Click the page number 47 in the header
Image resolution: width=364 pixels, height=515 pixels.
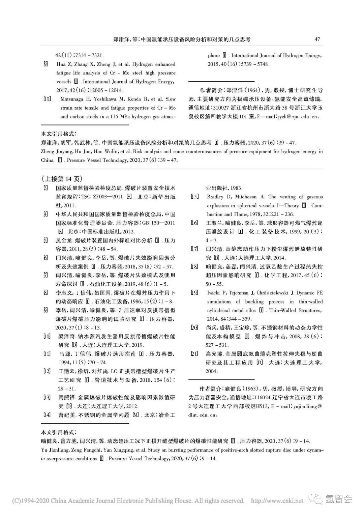coord(317,39)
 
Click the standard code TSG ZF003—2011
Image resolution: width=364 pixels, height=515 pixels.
coord(105,197)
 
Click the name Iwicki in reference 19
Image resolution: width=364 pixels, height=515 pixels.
coord(214,293)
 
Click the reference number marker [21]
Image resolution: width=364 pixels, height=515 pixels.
coord(194,354)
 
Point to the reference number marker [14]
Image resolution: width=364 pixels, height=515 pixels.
coord(47,415)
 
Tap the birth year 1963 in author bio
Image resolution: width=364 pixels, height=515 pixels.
coord(249,389)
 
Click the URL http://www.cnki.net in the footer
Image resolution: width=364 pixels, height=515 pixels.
coord(278,501)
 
